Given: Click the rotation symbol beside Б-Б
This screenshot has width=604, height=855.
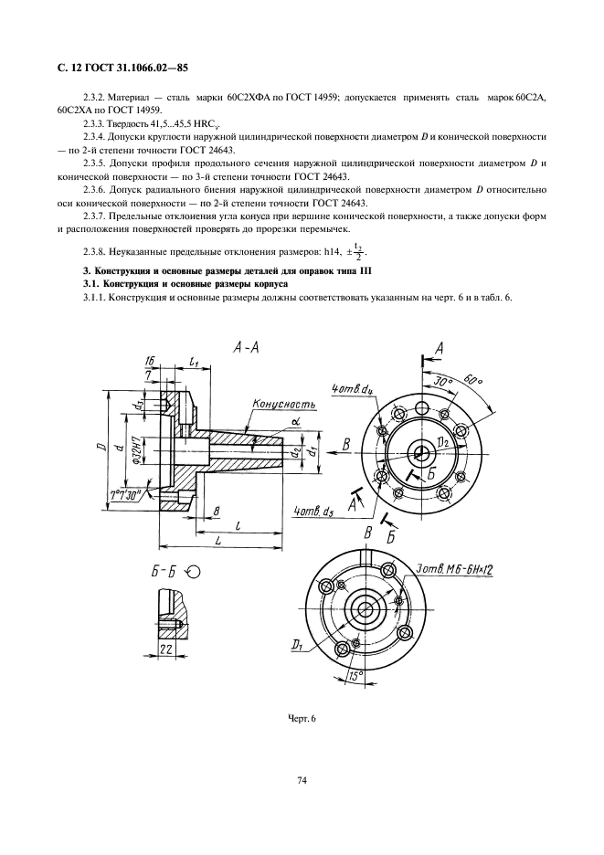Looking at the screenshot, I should click(x=194, y=572).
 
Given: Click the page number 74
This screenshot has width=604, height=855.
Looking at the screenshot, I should click(x=302, y=780).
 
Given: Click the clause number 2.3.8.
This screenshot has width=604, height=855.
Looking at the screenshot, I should click(x=96, y=249).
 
